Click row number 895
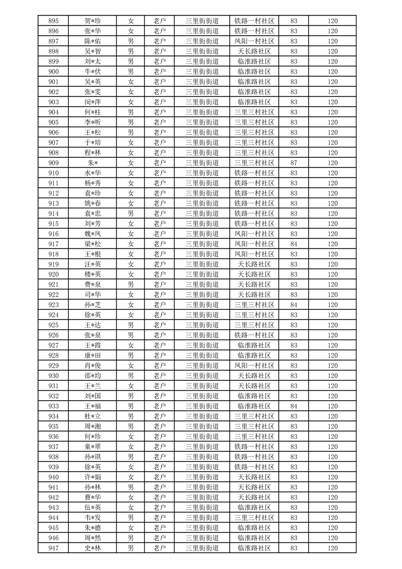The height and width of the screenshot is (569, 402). pos(53,21)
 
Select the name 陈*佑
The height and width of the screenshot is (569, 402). pos(92,41)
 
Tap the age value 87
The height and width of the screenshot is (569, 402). pos(294,163)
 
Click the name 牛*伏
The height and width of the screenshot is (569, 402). pos(92,72)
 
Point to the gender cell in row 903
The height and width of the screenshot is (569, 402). pos(131,102)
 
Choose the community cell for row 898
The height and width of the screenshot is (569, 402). pos(254,51)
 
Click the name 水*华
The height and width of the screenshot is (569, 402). pos(92,173)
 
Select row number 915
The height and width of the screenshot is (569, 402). pos(53,224)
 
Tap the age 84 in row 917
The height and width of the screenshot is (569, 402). pos(294,244)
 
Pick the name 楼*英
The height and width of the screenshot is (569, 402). pos(92,274)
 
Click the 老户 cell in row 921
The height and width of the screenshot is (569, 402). pos(159,284)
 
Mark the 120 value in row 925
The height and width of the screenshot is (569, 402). pos(332,325)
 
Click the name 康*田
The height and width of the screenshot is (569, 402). pos(92,355)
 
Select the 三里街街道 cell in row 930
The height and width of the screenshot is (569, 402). pos(202,376)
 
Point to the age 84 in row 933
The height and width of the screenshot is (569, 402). pos(294,406)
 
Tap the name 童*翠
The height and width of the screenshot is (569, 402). pos(92,447)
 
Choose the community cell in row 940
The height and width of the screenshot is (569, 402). pos(254,477)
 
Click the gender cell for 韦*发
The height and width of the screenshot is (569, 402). pos(131,518)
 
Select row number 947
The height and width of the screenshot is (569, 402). pos(53,548)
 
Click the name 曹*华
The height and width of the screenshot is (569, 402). pos(92,497)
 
